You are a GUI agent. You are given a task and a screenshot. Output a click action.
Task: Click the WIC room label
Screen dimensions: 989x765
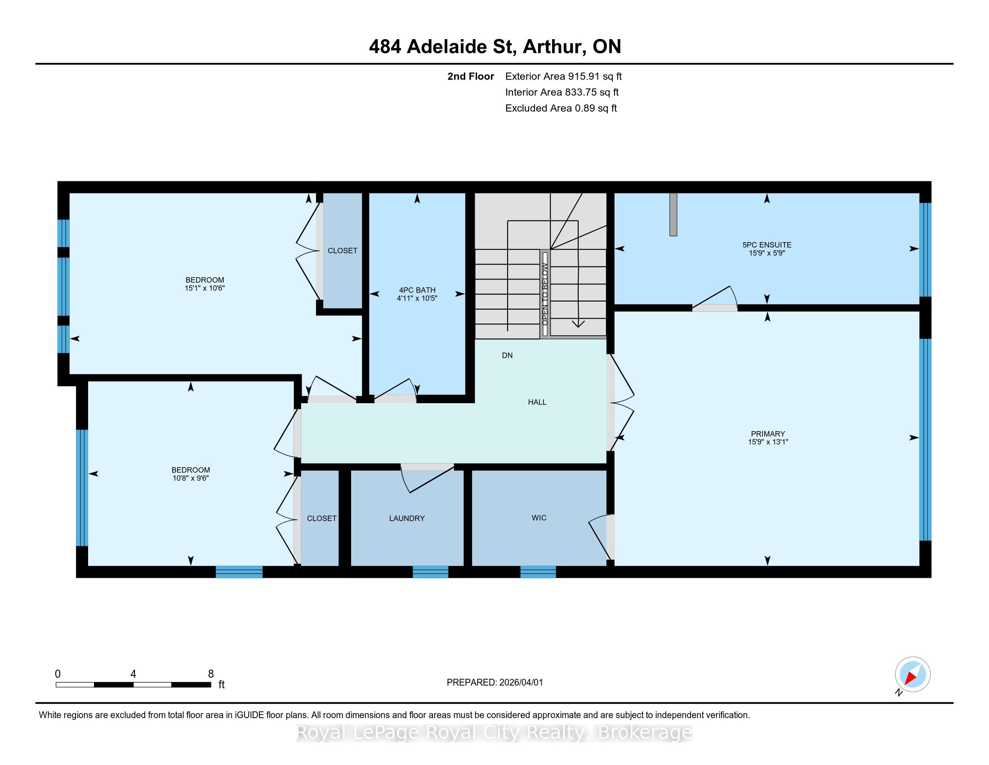coord(539,517)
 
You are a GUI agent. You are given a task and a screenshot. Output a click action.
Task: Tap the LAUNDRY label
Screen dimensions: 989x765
coord(407,518)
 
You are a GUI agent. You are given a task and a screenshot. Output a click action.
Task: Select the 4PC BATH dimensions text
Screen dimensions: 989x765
coord(417,298)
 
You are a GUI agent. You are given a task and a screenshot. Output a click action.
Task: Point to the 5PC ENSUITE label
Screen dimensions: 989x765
coord(766,245)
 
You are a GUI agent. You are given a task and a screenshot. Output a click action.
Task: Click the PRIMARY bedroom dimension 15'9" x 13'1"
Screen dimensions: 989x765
coord(768,441)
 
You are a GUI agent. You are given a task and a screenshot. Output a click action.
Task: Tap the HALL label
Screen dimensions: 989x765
coord(537,402)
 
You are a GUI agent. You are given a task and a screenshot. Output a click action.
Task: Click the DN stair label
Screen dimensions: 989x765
coord(507,355)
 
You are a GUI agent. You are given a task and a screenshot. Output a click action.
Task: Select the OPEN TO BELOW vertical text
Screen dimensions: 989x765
coord(545,294)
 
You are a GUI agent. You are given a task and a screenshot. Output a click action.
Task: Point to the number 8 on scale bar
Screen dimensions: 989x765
coord(210,674)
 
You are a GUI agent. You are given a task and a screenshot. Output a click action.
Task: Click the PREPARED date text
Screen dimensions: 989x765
coord(494,683)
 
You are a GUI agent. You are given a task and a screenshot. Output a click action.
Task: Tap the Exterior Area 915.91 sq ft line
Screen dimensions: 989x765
coord(563,76)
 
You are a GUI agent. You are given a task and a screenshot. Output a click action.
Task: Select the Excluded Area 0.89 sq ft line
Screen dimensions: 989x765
coord(561,108)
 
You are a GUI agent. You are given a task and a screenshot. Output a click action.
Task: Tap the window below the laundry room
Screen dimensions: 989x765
coord(430,571)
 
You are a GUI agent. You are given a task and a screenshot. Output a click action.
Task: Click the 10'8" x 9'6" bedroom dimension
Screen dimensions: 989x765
coord(191,477)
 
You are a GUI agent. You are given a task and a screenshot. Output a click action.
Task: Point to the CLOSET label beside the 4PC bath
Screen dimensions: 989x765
coord(343,251)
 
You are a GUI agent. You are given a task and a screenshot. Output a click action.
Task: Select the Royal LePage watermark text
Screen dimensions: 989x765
coord(494,732)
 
